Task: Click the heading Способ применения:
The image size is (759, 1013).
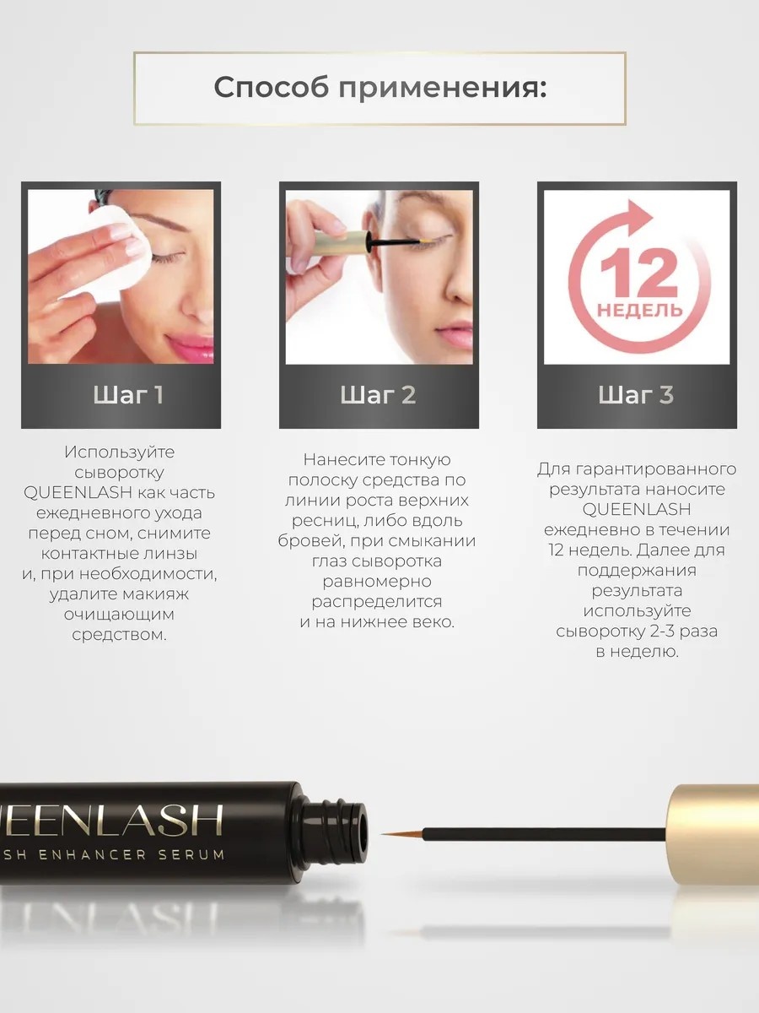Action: (379, 88)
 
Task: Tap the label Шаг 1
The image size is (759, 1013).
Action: (128, 395)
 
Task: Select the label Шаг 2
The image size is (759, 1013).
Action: (378, 395)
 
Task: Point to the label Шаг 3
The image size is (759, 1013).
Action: (636, 395)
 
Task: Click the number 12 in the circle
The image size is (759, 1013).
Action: (638, 274)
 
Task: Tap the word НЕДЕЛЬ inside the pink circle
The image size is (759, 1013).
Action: (639, 310)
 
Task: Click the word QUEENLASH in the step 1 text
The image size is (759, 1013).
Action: (78, 493)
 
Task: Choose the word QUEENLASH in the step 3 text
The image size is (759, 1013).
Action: (637, 510)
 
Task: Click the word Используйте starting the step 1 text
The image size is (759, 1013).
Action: (120, 452)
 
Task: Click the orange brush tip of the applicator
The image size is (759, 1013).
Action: (402, 834)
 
